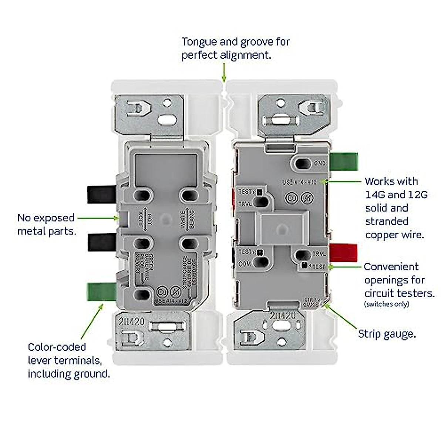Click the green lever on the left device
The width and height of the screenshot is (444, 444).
[100, 292]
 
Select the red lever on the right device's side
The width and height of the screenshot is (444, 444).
[343, 253]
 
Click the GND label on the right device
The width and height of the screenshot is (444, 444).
[320, 163]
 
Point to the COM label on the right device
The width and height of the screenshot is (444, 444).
[244, 264]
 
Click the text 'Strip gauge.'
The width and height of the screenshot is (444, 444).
[387, 334]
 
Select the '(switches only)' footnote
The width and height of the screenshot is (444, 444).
[387, 305]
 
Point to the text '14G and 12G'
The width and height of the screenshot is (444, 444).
[396, 195]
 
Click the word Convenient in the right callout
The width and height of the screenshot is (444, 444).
[391, 267]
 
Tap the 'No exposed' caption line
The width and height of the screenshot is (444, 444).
[46, 218]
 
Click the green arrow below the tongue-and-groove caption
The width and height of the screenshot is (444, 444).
[223, 72]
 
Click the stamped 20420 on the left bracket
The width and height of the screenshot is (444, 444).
[132, 322]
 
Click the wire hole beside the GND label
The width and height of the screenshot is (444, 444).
[303, 163]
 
